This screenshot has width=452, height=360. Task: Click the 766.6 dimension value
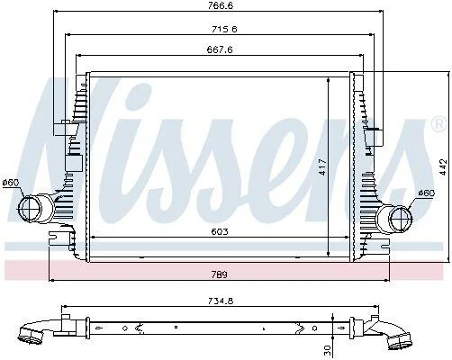tap(221, 5)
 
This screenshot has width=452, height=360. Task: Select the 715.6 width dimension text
tap(224, 29)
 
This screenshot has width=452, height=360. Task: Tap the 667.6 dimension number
tap(220, 49)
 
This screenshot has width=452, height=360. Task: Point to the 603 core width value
tap(220, 231)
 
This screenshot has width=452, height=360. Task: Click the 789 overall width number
tap(220, 274)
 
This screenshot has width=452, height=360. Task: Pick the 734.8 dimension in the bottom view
tap(221, 301)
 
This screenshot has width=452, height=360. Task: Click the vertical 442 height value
tap(443, 166)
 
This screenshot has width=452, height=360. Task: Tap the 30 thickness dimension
tap(327, 349)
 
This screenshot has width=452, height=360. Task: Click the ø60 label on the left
tap(11, 183)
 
